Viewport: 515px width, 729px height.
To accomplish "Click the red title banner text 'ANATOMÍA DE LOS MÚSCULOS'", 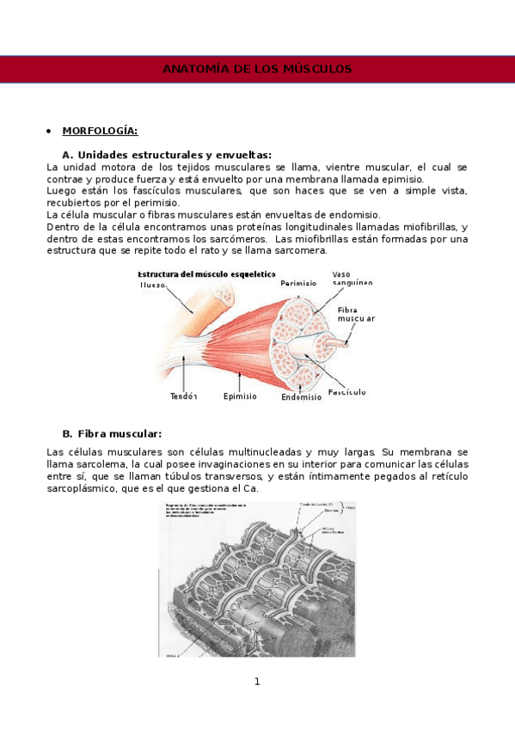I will [257, 69].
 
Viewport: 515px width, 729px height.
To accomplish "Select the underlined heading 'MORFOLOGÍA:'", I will [100, 131].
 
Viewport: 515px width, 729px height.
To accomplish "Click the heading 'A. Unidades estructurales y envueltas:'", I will [167, 154].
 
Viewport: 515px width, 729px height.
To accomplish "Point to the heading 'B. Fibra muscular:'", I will [112, 433].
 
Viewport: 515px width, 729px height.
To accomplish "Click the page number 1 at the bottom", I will [256, 682].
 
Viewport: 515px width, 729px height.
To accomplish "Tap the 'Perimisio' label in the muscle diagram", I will [298, 282].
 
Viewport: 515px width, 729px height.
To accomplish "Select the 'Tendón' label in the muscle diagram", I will [184, 396].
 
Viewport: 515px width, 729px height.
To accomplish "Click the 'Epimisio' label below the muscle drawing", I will [241, 396].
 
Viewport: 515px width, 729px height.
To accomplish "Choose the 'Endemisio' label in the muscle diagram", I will [301, 397].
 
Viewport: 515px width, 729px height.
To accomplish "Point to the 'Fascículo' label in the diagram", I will [347, 392].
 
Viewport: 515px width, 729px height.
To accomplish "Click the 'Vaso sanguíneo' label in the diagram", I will [353, 279].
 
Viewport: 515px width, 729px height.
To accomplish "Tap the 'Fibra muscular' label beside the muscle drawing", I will [355, 314].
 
